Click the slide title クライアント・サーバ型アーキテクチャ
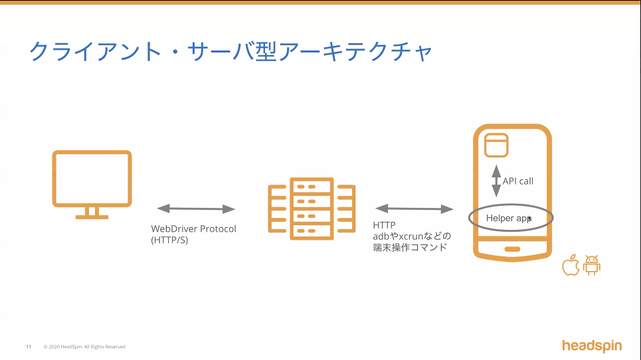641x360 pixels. coord(230,52)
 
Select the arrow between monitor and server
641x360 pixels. coord(197,209)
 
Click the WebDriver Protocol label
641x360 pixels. coord(193,228)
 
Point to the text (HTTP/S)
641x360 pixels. coord(169,240)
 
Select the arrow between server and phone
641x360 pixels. coord(414,209)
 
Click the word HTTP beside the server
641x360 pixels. coord(384,226)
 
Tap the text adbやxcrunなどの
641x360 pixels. coord(412,236)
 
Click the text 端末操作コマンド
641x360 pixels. coord(410,247)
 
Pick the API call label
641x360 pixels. coord(518,181)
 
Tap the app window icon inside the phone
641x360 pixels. coord(496,145)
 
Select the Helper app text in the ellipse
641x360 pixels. coord(507,218)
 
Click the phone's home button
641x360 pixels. coord(512,249)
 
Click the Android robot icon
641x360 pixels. coord(591,265)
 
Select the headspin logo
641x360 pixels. coord(591,345)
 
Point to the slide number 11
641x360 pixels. coord(29,347)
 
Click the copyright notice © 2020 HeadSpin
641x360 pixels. coord(84,347)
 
